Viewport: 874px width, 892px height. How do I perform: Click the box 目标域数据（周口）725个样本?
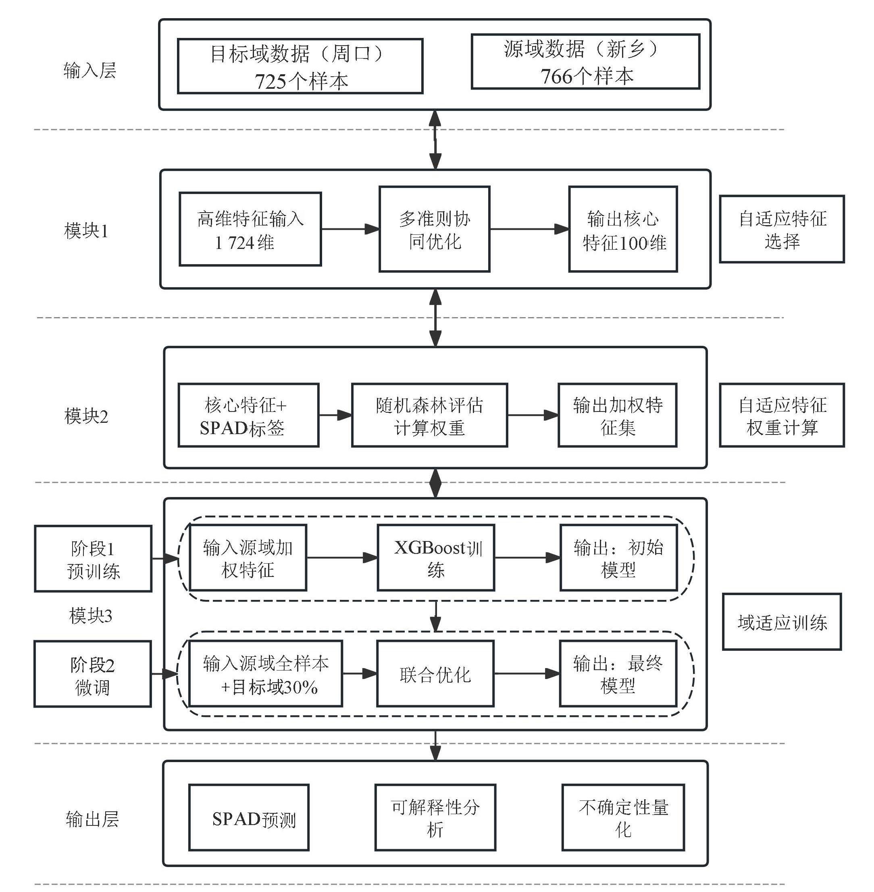[x=300, y=66]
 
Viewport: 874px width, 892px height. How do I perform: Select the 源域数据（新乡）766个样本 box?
[x=585, y=62]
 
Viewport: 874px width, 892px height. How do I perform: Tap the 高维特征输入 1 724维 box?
[x=250, y=229]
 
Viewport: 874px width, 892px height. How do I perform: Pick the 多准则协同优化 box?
[x=434, y=229]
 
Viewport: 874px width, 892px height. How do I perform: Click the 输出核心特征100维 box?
[x=623, y=229]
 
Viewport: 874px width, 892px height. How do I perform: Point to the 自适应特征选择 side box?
[x=781, y=229]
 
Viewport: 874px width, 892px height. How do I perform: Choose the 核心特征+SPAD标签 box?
[x=248, y=415]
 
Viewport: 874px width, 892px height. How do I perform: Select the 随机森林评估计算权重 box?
[x=429, y=415]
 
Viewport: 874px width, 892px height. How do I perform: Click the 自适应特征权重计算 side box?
[x=781, y=415]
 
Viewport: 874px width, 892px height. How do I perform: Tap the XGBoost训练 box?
[x=436, y=558]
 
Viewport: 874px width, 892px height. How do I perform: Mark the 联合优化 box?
[x=435, y=674]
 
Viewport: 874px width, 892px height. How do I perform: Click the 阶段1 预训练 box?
[x=93, y=558]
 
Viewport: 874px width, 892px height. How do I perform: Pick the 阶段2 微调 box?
[x=93, y=674]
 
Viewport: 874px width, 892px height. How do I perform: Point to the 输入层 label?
[x=90, y=70]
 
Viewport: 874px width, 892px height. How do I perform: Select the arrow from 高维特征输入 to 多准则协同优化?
[x=350, y=229]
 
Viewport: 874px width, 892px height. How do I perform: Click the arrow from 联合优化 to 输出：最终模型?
[x=526, y=674]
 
